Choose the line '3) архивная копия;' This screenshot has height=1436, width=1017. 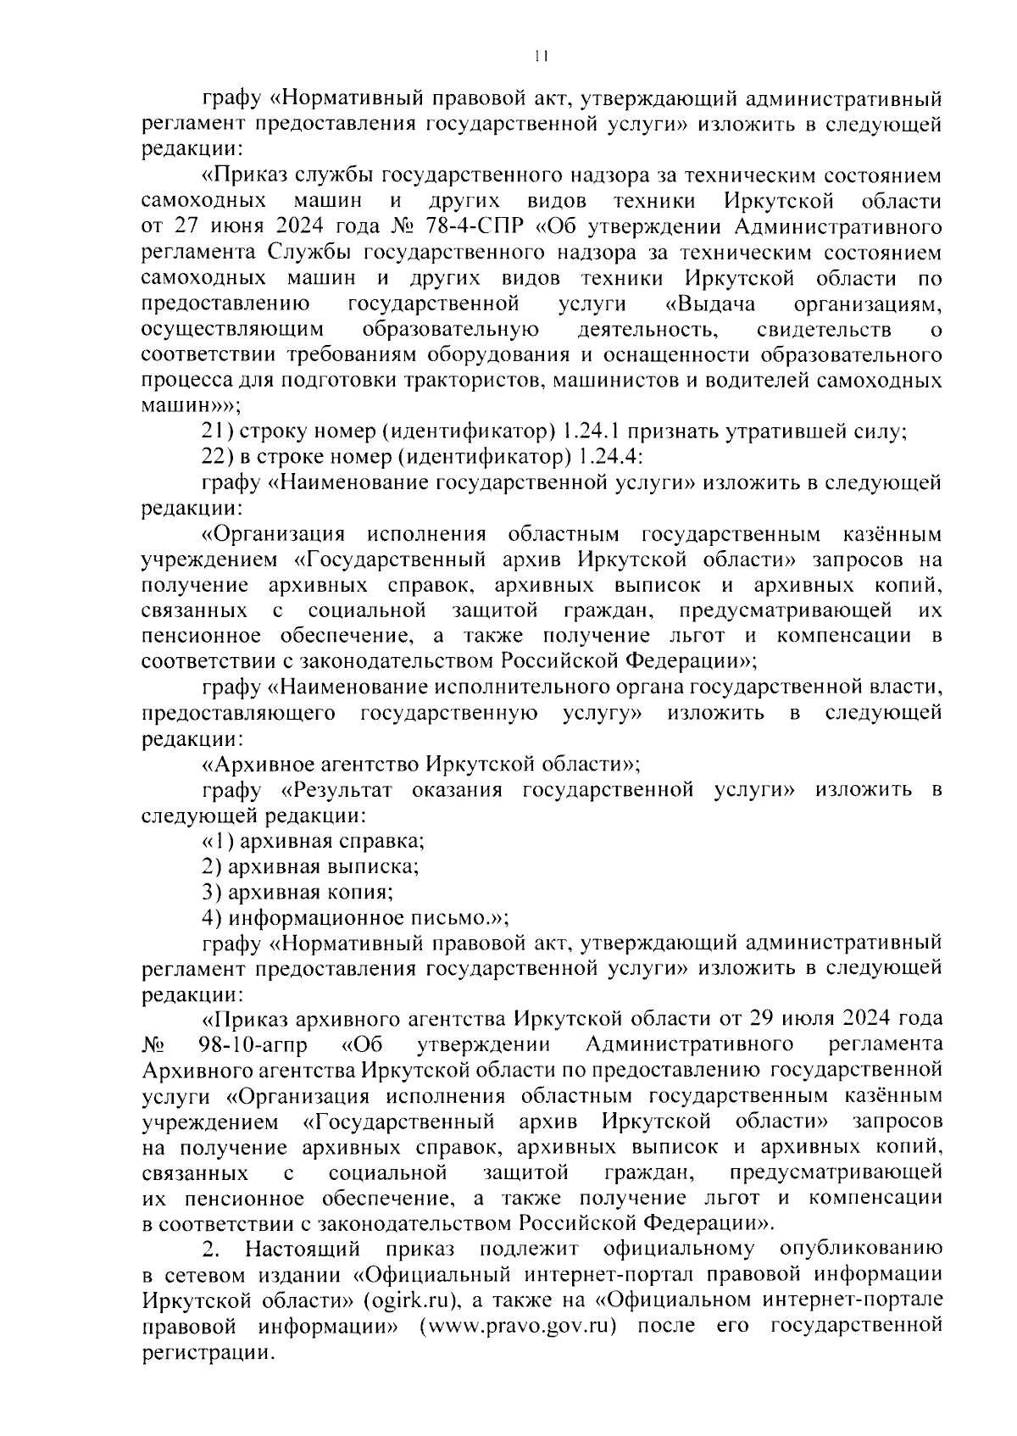tap(297, 892)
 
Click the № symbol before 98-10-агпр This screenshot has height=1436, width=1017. tap(153, 1042)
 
